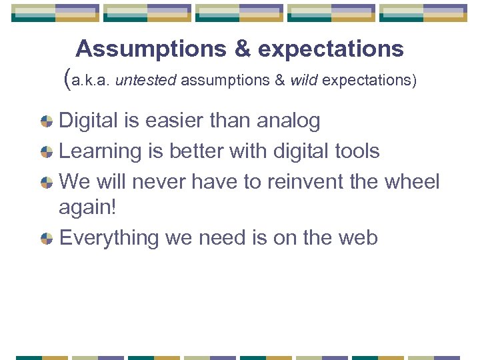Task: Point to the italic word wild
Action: [304, 81]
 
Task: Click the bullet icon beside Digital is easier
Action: [47, 121]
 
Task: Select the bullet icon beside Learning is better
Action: [47, 151]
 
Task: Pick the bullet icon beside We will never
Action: [47, 181]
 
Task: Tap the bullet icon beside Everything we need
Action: [47, 238]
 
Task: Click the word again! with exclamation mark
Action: [87, 208]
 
